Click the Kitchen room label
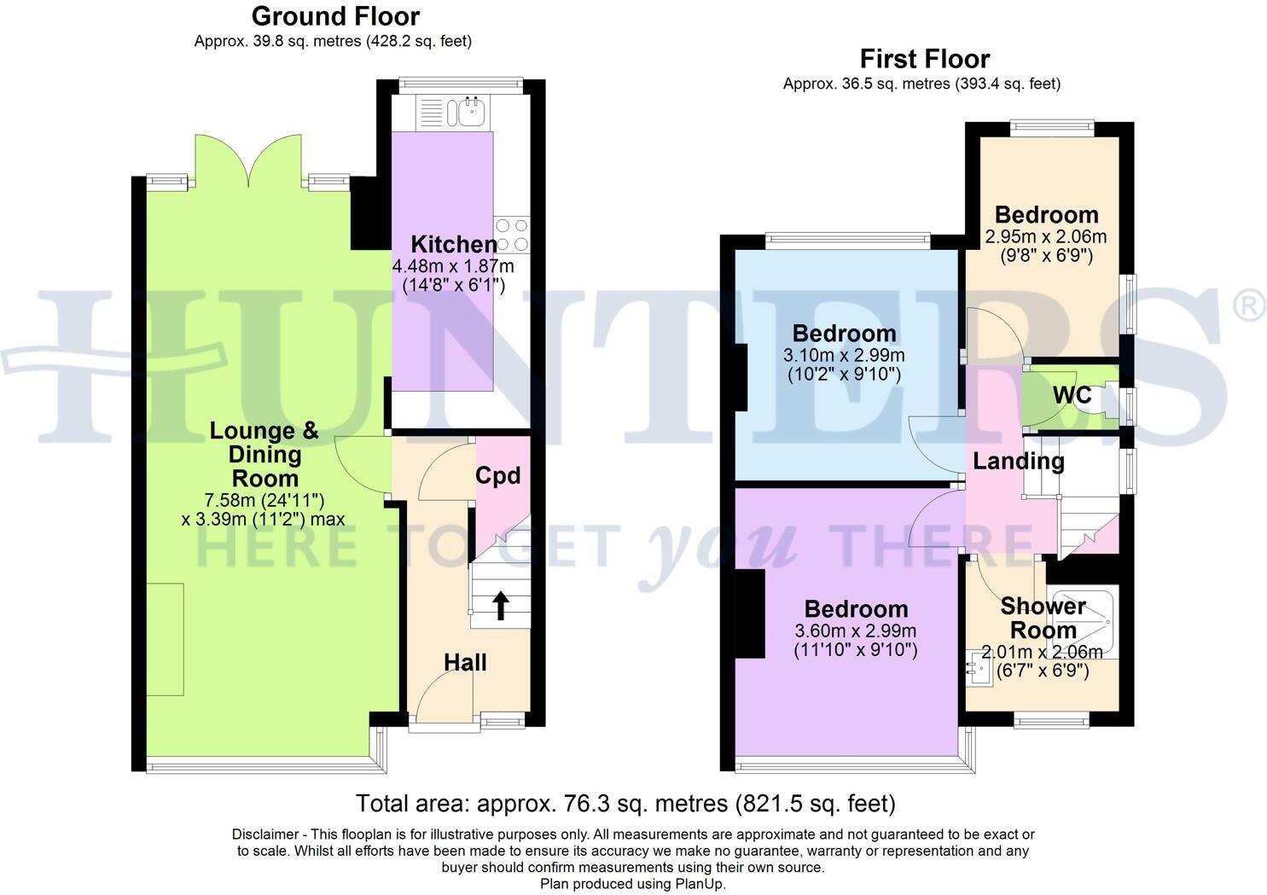[453, 245]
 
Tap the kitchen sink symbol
[469, 112]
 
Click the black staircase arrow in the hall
[501, 607]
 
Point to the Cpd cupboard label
[497, 475]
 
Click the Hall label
[465, 662]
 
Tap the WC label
[1072, 396]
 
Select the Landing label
[1019, 462]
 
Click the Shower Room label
[1043, 619]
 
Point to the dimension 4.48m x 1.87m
[453, 266]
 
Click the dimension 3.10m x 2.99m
[843, 355]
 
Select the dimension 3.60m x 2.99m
[855, 631]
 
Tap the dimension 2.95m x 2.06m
[1045, 236]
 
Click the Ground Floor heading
[335, 16]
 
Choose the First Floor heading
[924, 59]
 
